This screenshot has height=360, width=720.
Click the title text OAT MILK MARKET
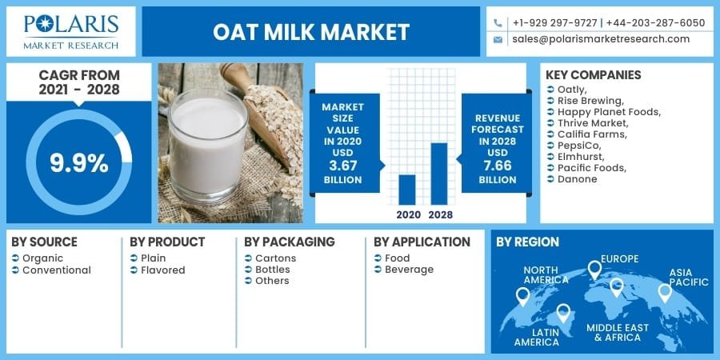(x=311, y=32)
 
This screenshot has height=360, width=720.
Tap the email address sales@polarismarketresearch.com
(x=601, y=39)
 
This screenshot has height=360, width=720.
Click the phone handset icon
(x=498, y=22)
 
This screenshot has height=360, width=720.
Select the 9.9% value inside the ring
(x=78, y=162)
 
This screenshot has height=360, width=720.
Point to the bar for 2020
(x=407, y=190)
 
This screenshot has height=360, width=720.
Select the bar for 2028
(x=439, y=174)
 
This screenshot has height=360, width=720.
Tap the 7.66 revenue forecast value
(x=497, y=166)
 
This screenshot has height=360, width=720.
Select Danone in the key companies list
(x=577, y=178)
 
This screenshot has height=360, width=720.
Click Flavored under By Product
(x=162, y=270)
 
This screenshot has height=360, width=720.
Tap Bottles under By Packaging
(x=272, y=270)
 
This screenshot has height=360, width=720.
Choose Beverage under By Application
(x=409, y=270)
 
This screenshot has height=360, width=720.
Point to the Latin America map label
(x=536, y=336)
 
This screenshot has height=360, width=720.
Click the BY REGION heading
(x=527, y=242)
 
